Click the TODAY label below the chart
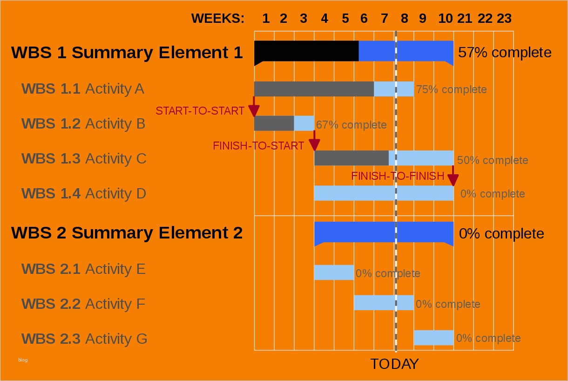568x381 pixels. coord(394,364)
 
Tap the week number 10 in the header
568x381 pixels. coord(445,19)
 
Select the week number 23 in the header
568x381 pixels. coord(504,19)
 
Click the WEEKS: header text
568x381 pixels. coord(217,19)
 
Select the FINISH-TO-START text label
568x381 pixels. coord(258,146)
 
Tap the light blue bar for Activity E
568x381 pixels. coord(334,272)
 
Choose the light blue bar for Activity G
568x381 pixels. coord(433,338)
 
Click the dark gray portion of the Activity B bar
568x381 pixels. coord(274,123)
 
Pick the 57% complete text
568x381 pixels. coord(505,53)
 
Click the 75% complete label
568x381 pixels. coord(451,89)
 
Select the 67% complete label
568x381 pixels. coord(351,125)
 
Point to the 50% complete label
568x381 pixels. coord(493,160)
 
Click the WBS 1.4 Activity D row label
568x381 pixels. coord(84,193)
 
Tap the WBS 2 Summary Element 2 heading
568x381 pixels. coord(127,232)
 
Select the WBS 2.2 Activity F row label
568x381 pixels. coord(83,304)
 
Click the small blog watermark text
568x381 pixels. coord(23,360)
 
